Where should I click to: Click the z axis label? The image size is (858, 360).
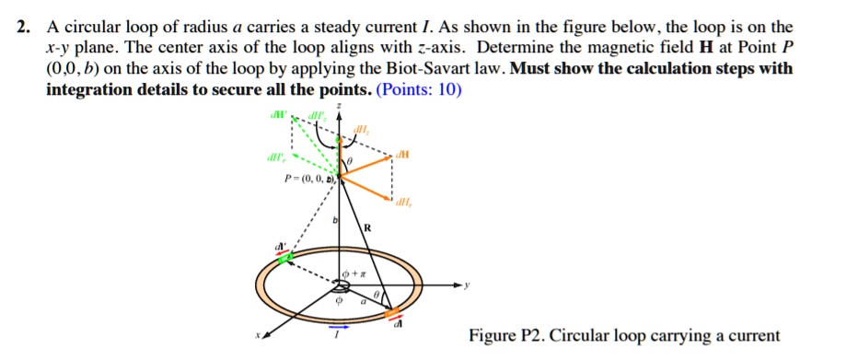340,107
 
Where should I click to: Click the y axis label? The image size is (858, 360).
468,285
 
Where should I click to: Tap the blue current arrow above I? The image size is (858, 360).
339,326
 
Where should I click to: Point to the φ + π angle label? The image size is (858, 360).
353,275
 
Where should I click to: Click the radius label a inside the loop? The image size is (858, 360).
362,300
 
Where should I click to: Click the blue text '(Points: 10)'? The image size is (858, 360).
419,90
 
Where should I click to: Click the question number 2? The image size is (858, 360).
21,29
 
